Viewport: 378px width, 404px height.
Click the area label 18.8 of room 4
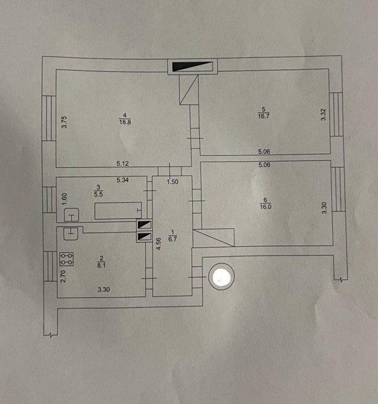click(125, 122)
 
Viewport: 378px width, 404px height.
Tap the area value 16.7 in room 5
click(264, 116)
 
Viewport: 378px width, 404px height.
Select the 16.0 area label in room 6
click(265, 207)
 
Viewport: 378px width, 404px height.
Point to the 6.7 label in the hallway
click(172, 239)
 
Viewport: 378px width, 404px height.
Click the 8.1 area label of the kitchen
click(101, 265)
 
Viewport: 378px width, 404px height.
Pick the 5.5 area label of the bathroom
click(98, 194)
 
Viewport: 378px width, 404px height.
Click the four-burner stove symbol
click(66, 259)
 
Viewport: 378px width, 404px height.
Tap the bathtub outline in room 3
click(118, 211)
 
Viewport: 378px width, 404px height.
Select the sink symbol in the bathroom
click(71, 215)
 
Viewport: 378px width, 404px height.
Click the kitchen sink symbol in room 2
click(71, 233)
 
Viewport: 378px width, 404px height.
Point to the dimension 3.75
click(64, 122)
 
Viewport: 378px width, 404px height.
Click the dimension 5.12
click(123, 164)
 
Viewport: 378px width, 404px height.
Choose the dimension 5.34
click(123, 180)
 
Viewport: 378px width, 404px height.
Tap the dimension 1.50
click(172, 181)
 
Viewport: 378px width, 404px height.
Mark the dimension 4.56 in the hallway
click(159, 244)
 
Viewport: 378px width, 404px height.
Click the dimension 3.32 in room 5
click(323, 114)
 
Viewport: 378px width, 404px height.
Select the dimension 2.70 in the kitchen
click(63, 276)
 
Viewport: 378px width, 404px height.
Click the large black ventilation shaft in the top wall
click(192, 66)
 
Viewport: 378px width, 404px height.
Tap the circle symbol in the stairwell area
click(221, 276)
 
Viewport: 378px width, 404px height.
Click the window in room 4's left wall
click(49, 118)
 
